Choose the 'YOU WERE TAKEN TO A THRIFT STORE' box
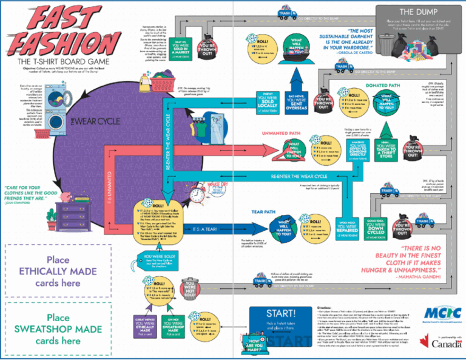(380, 151)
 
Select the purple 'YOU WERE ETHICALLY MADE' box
(146, 325)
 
